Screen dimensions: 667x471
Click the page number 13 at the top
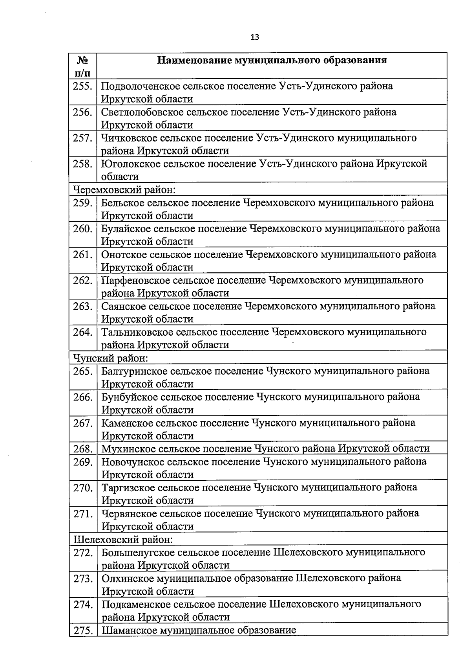point(254,37)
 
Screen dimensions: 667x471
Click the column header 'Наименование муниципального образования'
point(272,60)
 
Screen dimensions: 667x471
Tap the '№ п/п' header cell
point(82,66)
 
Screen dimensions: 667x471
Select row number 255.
point(82,86)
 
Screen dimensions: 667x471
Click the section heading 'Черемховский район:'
point(124,190)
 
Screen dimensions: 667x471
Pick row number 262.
point(82,281)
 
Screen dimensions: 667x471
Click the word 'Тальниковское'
point(137,333)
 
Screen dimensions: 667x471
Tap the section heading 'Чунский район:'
point(111,358)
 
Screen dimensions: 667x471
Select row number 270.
point(83,488)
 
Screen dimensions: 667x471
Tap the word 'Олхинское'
point(128,578)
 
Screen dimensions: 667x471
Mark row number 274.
point(83,605)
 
